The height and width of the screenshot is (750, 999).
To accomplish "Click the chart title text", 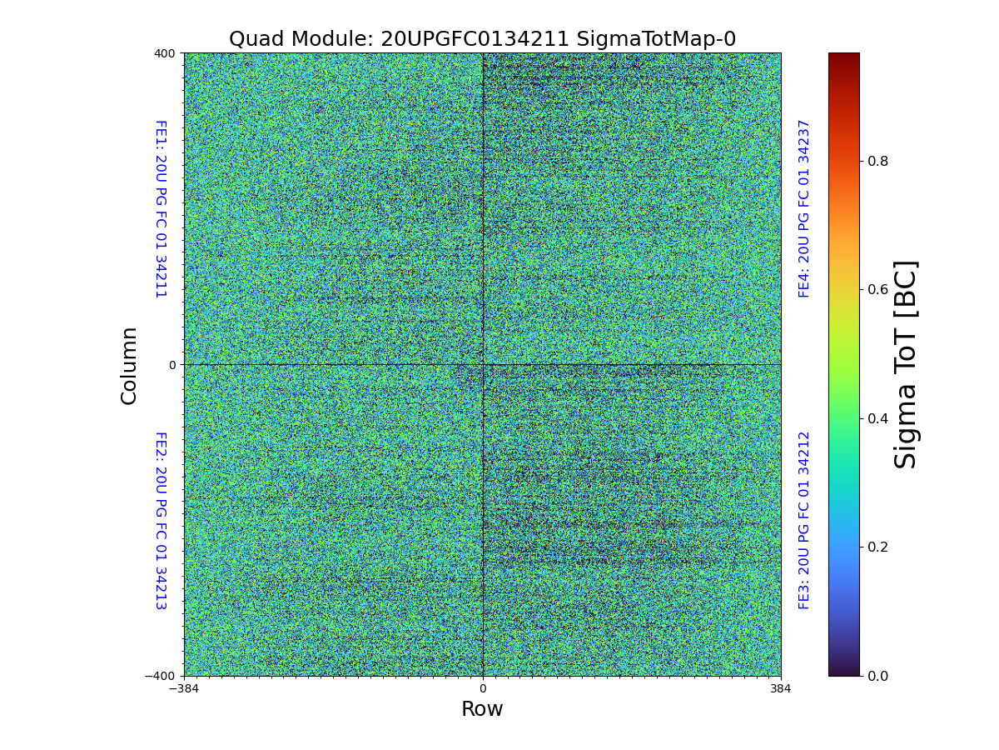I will (482, 39).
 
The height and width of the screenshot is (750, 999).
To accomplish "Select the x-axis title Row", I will (482, 709).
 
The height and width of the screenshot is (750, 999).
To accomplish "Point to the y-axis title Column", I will (129, 365).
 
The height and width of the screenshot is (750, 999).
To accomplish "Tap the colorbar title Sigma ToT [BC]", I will (906, 364).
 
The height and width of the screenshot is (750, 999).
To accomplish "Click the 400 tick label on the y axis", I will (165, 53).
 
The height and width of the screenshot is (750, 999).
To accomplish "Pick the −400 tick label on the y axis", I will (161, 676).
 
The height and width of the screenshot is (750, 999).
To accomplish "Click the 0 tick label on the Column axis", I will (172, 365).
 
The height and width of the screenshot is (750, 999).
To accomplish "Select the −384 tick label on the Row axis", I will (184, 689).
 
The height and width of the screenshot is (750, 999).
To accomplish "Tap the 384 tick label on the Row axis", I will (781, 689).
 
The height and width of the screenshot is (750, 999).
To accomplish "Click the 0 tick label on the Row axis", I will (483, 689).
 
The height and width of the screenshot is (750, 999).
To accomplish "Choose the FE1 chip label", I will (161, 209).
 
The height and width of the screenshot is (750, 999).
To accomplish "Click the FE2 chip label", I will (161, 520).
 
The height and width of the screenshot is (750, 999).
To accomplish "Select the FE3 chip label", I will (804, 520).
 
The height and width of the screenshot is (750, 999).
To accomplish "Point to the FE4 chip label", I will (804, 209).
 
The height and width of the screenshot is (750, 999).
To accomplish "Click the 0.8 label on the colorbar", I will (877, 161).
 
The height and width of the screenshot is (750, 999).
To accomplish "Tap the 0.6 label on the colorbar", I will (877, 289).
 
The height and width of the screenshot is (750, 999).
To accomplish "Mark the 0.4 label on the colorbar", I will (877, 418).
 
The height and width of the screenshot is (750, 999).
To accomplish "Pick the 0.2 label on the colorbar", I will (877, 547).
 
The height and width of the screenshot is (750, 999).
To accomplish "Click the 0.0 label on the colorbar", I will (877, 676).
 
